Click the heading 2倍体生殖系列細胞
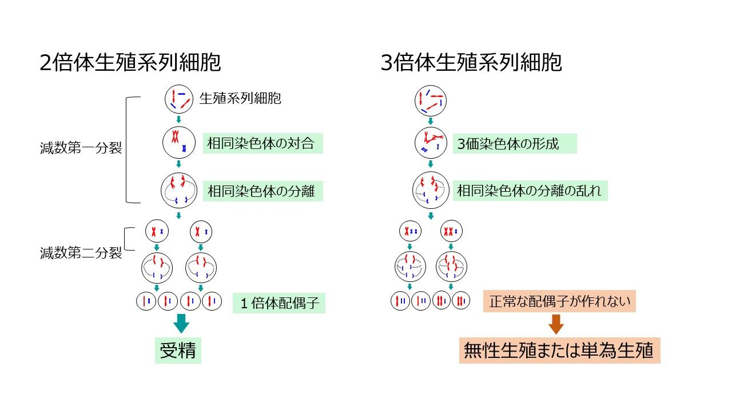130,63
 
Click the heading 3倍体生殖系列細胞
471,63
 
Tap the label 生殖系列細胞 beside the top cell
240,99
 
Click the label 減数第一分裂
80,149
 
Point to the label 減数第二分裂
80,253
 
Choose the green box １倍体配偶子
279,303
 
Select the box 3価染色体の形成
514,143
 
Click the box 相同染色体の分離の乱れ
530,191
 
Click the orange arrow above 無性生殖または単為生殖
556,325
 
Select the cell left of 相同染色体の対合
179,143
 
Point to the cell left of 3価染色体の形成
430,143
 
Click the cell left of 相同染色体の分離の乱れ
430,190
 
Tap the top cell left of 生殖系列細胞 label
179,99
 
